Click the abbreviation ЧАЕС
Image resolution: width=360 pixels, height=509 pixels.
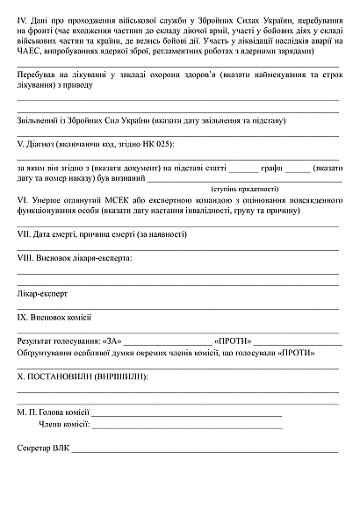click(30, 52)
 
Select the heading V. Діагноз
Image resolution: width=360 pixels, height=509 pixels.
click(40, 143)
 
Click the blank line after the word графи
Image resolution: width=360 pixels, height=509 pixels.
click(298, 169)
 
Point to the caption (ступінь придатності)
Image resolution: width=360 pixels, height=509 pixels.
click(245, 188)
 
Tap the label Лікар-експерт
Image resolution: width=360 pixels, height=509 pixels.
click(42, 294)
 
